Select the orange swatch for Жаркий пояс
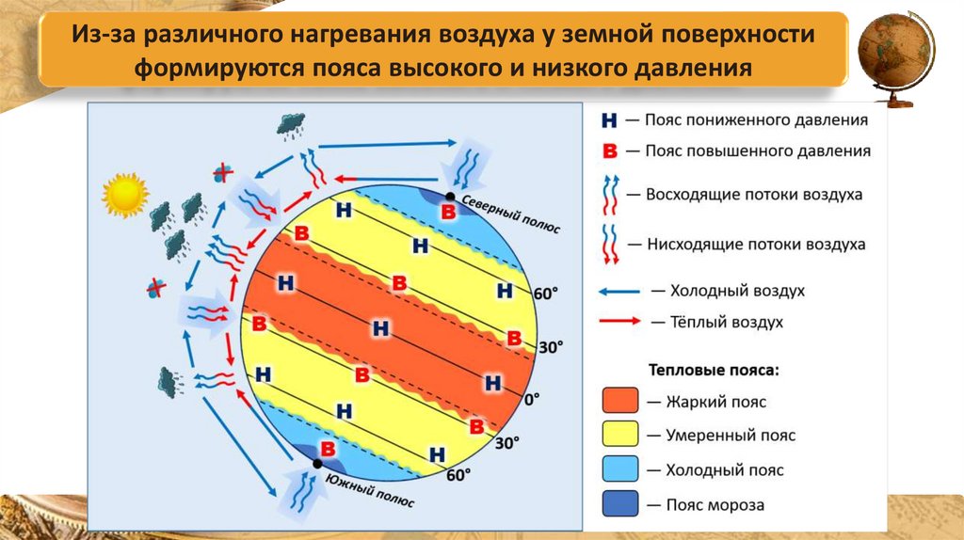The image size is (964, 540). tap(620, 402)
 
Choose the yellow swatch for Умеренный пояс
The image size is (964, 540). tap(620, 436)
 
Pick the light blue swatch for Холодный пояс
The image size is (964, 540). tap(620, 469)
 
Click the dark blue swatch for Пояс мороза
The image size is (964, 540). tap(620, 504)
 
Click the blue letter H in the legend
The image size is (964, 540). tap(609, 121)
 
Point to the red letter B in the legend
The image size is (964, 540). tap(609, 151)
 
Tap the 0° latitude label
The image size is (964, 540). tap(532, 399)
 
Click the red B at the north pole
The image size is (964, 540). tap(449, 212)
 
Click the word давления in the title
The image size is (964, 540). tap(686, 69)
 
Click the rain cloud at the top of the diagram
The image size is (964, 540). tap(290, 123)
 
